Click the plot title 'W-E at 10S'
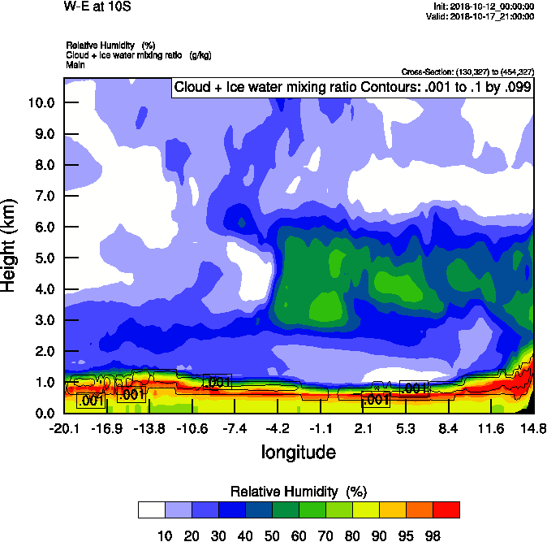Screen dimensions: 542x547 [x=97, y=7]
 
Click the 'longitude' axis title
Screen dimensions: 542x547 [x=298, y=451]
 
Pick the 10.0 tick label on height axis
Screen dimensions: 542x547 [x=41, y=102]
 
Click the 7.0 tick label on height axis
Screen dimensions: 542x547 [x=44, y=196]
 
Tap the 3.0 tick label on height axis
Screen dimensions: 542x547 [x=44, y=320]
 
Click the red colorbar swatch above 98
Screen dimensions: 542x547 [x=446, y=509]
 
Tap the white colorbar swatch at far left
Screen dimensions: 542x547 [x=151, y=509]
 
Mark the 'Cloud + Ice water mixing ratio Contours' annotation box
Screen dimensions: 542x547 [x=352, y=87]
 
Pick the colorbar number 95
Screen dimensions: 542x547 [x=405, y=535]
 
